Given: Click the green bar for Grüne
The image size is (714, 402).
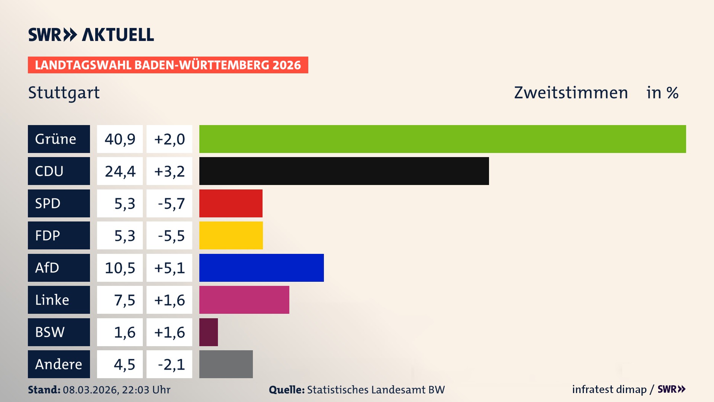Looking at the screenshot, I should click(443, 139).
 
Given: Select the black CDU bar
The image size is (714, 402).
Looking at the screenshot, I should click(344, 171).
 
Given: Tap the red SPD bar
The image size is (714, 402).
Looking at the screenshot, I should click(231, 203).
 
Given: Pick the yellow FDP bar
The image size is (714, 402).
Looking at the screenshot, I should click(231, 235).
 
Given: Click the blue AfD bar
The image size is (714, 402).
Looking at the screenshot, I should click(261, 268).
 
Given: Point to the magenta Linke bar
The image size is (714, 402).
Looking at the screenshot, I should click(244, 300).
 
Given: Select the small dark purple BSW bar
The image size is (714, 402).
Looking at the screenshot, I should click(209, 332).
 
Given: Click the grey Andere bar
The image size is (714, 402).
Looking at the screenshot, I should click(226, 364).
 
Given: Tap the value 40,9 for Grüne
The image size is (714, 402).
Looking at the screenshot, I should click(120, 139).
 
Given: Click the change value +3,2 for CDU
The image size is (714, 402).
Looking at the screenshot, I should click(169, 171).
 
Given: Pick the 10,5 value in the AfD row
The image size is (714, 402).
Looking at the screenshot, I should click(120, 268).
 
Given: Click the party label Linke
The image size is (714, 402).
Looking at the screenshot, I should click(52, 300).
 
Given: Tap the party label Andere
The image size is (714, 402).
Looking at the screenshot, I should click(58, 364).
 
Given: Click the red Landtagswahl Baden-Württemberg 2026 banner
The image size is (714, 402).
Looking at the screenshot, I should click(168, 65).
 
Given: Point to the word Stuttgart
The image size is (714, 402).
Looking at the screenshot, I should click(64, 93).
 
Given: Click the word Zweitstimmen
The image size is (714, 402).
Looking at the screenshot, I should click(571, 93).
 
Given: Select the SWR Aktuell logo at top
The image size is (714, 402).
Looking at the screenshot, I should click(91, 35).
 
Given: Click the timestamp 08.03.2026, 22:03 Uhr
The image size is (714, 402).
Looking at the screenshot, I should click(116, 390).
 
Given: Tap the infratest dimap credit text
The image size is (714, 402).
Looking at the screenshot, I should click(609, 389).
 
